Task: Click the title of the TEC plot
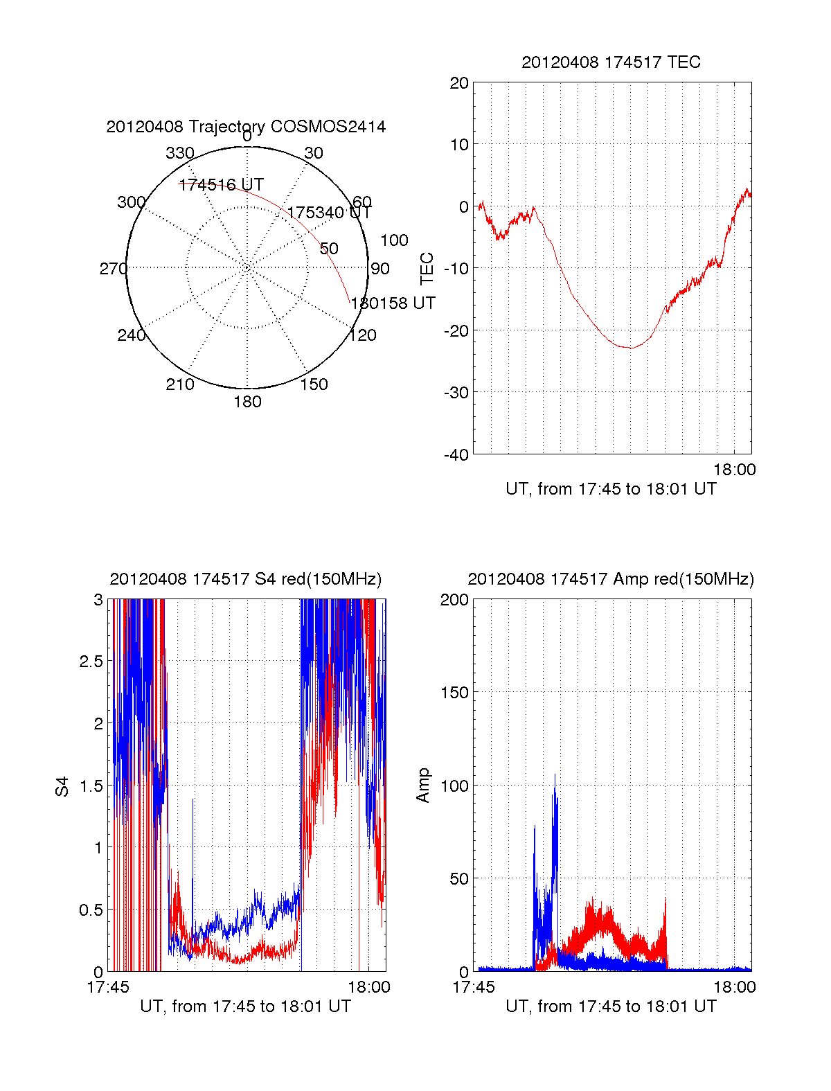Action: pyautogui.click(x=611, y=62)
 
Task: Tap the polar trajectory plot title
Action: pyautogui.click(x=246, y=127)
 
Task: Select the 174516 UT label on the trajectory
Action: pyautogui.click(x=221, y=184)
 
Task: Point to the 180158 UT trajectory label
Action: pyautogui.click(x=393, y=303)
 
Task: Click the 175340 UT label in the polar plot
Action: pyautogui.click(x=330, y=212)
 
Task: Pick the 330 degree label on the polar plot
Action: pyautogui.click(x=180, y=153)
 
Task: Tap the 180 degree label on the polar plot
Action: pyautogui.click(x=247, y=402)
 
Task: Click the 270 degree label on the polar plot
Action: pyautogui.click(x=113, y=269)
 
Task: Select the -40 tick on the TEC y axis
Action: pyautogui.click(x=456, y=454)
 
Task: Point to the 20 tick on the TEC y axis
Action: pyautogui.click(x=460, y=83)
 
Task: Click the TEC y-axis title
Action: pyautogui.click(x=427, y=269)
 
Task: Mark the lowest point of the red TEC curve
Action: pyautogui.click(x=629, y=348)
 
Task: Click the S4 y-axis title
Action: pyautogui.click(x=62, y=786)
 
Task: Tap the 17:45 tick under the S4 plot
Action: pyautogui.click(x=107, y=987)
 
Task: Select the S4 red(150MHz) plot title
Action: pyautogui.click(x=246, y=579)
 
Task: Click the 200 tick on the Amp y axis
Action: pyautogui.click(x=454, y=600)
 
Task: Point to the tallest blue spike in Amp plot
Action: pyautogui.click(x=555, y=775)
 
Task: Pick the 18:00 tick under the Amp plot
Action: pyautogui.click(x=735, y=987)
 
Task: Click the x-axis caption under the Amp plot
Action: pyautogui.click(x=611, y=1006)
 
